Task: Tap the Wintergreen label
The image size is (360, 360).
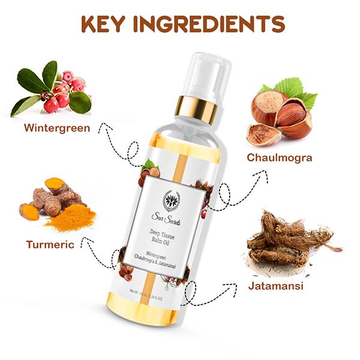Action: coord(56,128)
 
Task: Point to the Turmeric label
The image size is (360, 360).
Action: coord(50,245)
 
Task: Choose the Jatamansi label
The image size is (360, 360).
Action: coord(275,285)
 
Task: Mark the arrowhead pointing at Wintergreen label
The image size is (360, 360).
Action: coord(106,125)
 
